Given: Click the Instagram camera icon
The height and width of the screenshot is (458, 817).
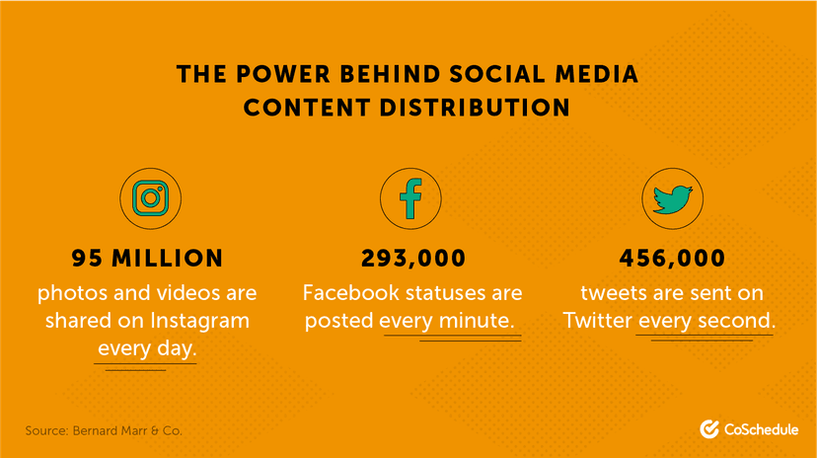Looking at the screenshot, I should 149,199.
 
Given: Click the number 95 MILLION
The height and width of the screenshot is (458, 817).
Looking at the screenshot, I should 148,259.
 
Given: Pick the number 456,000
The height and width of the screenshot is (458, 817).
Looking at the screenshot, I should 673,259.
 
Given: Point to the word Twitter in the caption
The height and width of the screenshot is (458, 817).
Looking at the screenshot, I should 598,321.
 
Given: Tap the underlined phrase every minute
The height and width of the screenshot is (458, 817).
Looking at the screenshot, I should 450,321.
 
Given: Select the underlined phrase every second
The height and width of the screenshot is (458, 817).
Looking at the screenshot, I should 706,321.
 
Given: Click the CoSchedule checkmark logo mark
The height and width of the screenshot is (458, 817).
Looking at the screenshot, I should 707,429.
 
